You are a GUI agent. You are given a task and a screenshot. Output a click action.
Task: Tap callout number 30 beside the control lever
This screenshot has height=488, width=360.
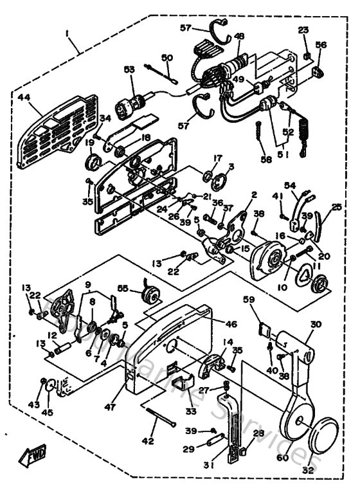click(315, 325)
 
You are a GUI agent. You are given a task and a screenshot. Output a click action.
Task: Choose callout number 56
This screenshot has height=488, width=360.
click(321, 45)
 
